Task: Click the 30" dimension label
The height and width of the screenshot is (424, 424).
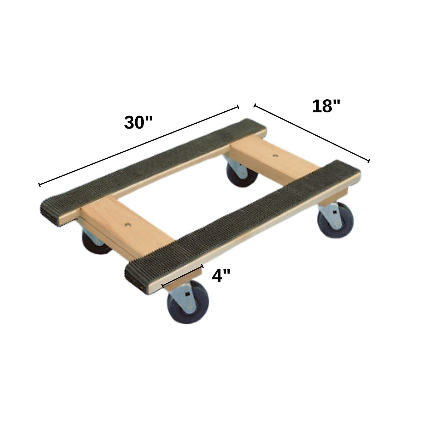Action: point(138,122)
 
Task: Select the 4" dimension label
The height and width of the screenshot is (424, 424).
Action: point(221,276)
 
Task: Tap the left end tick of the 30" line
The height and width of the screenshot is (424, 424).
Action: point(39,184)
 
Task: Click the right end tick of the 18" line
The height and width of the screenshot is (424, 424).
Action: point(369,161)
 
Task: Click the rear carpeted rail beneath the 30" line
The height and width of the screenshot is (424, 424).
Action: point(152,166)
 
